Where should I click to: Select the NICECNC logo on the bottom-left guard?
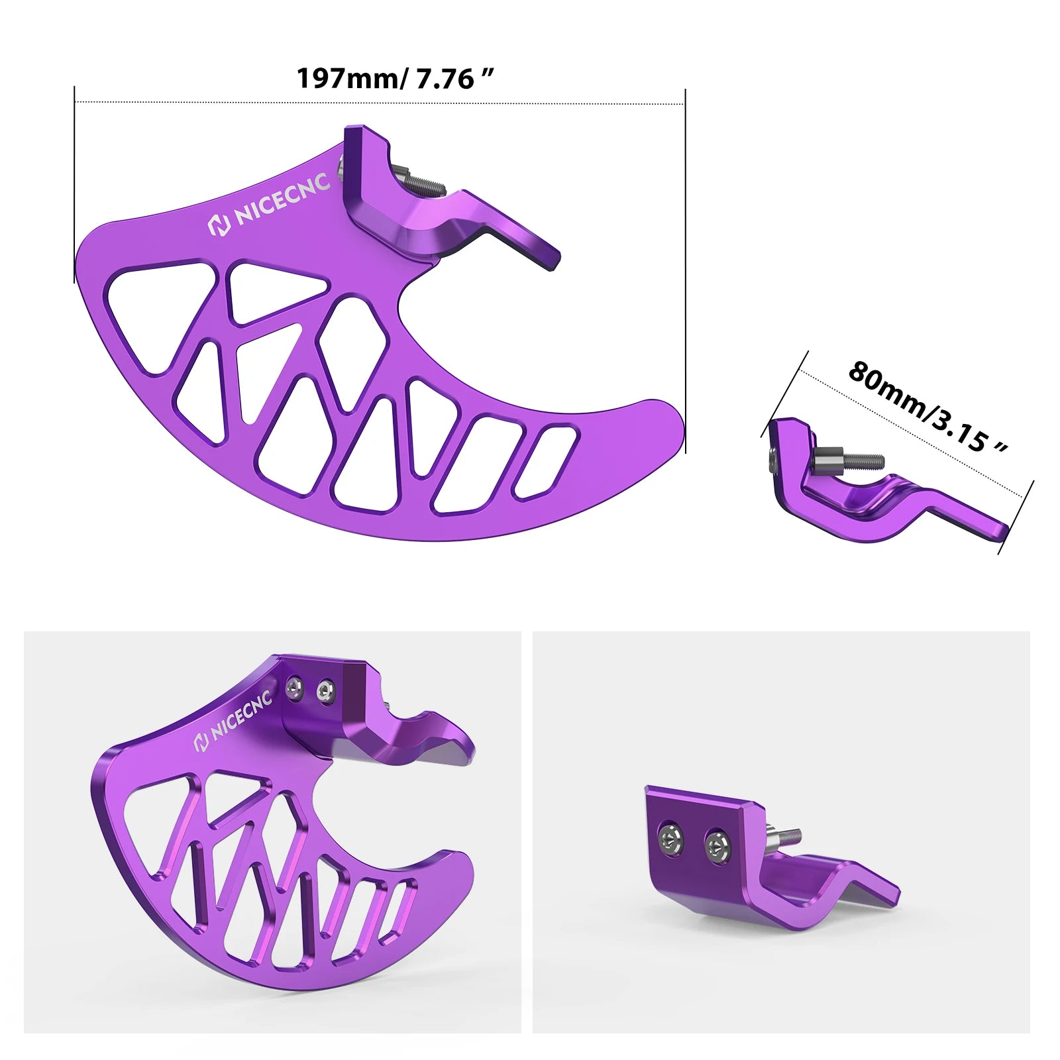pyautogui.click(x=233, y=721)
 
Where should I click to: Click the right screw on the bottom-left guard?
pyautogui.click(x=325, y=691)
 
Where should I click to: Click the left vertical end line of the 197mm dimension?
pyautogui.click(x=74, y=185)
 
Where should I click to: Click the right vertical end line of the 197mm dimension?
pyautogui.click(x=685, y=265)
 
